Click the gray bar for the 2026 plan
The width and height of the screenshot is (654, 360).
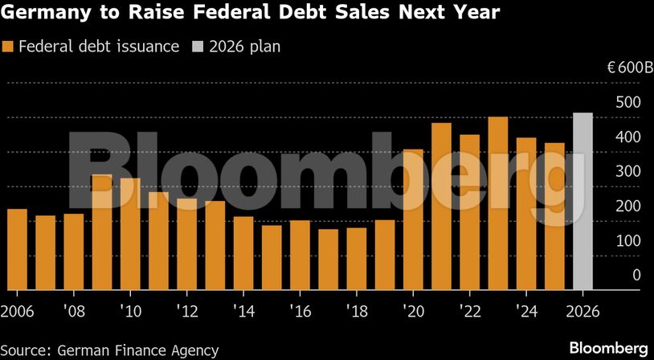click(582, 202)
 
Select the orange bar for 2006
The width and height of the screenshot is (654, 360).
click(17, 249)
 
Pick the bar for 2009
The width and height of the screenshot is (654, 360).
click(102, 232)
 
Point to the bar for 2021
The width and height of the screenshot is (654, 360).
click(441, 207)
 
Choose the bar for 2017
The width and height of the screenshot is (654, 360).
click(328, 260)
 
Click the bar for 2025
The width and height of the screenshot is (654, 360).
click(554, 216)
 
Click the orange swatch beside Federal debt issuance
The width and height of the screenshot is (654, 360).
click(9, 47)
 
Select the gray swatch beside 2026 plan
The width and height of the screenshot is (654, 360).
click(197, 47)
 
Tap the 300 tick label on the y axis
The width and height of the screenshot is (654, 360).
click(629, 171)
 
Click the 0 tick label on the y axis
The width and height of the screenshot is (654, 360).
click(636, 275)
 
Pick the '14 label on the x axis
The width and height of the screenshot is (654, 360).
click(243, 310)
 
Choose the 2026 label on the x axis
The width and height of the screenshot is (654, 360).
click(582, 310)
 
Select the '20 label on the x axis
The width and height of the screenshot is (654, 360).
click(413, 310)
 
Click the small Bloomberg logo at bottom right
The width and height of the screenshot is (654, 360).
click(608, 348)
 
